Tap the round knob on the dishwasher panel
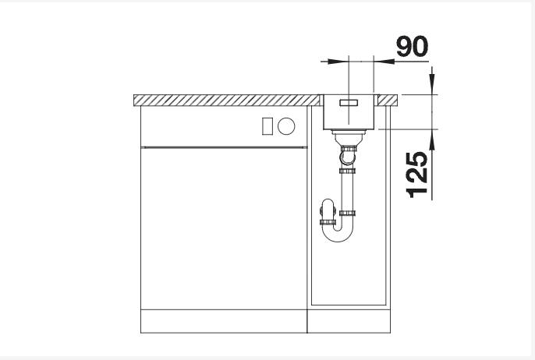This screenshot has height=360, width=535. (285, 125)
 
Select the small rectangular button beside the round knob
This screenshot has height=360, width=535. (267, 125)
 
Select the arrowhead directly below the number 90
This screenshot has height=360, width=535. (381, 59)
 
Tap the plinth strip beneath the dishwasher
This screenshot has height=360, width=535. (222, 322)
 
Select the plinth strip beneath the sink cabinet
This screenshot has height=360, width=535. (349, 322)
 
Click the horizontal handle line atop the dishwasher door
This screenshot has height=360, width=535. (222, 146)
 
